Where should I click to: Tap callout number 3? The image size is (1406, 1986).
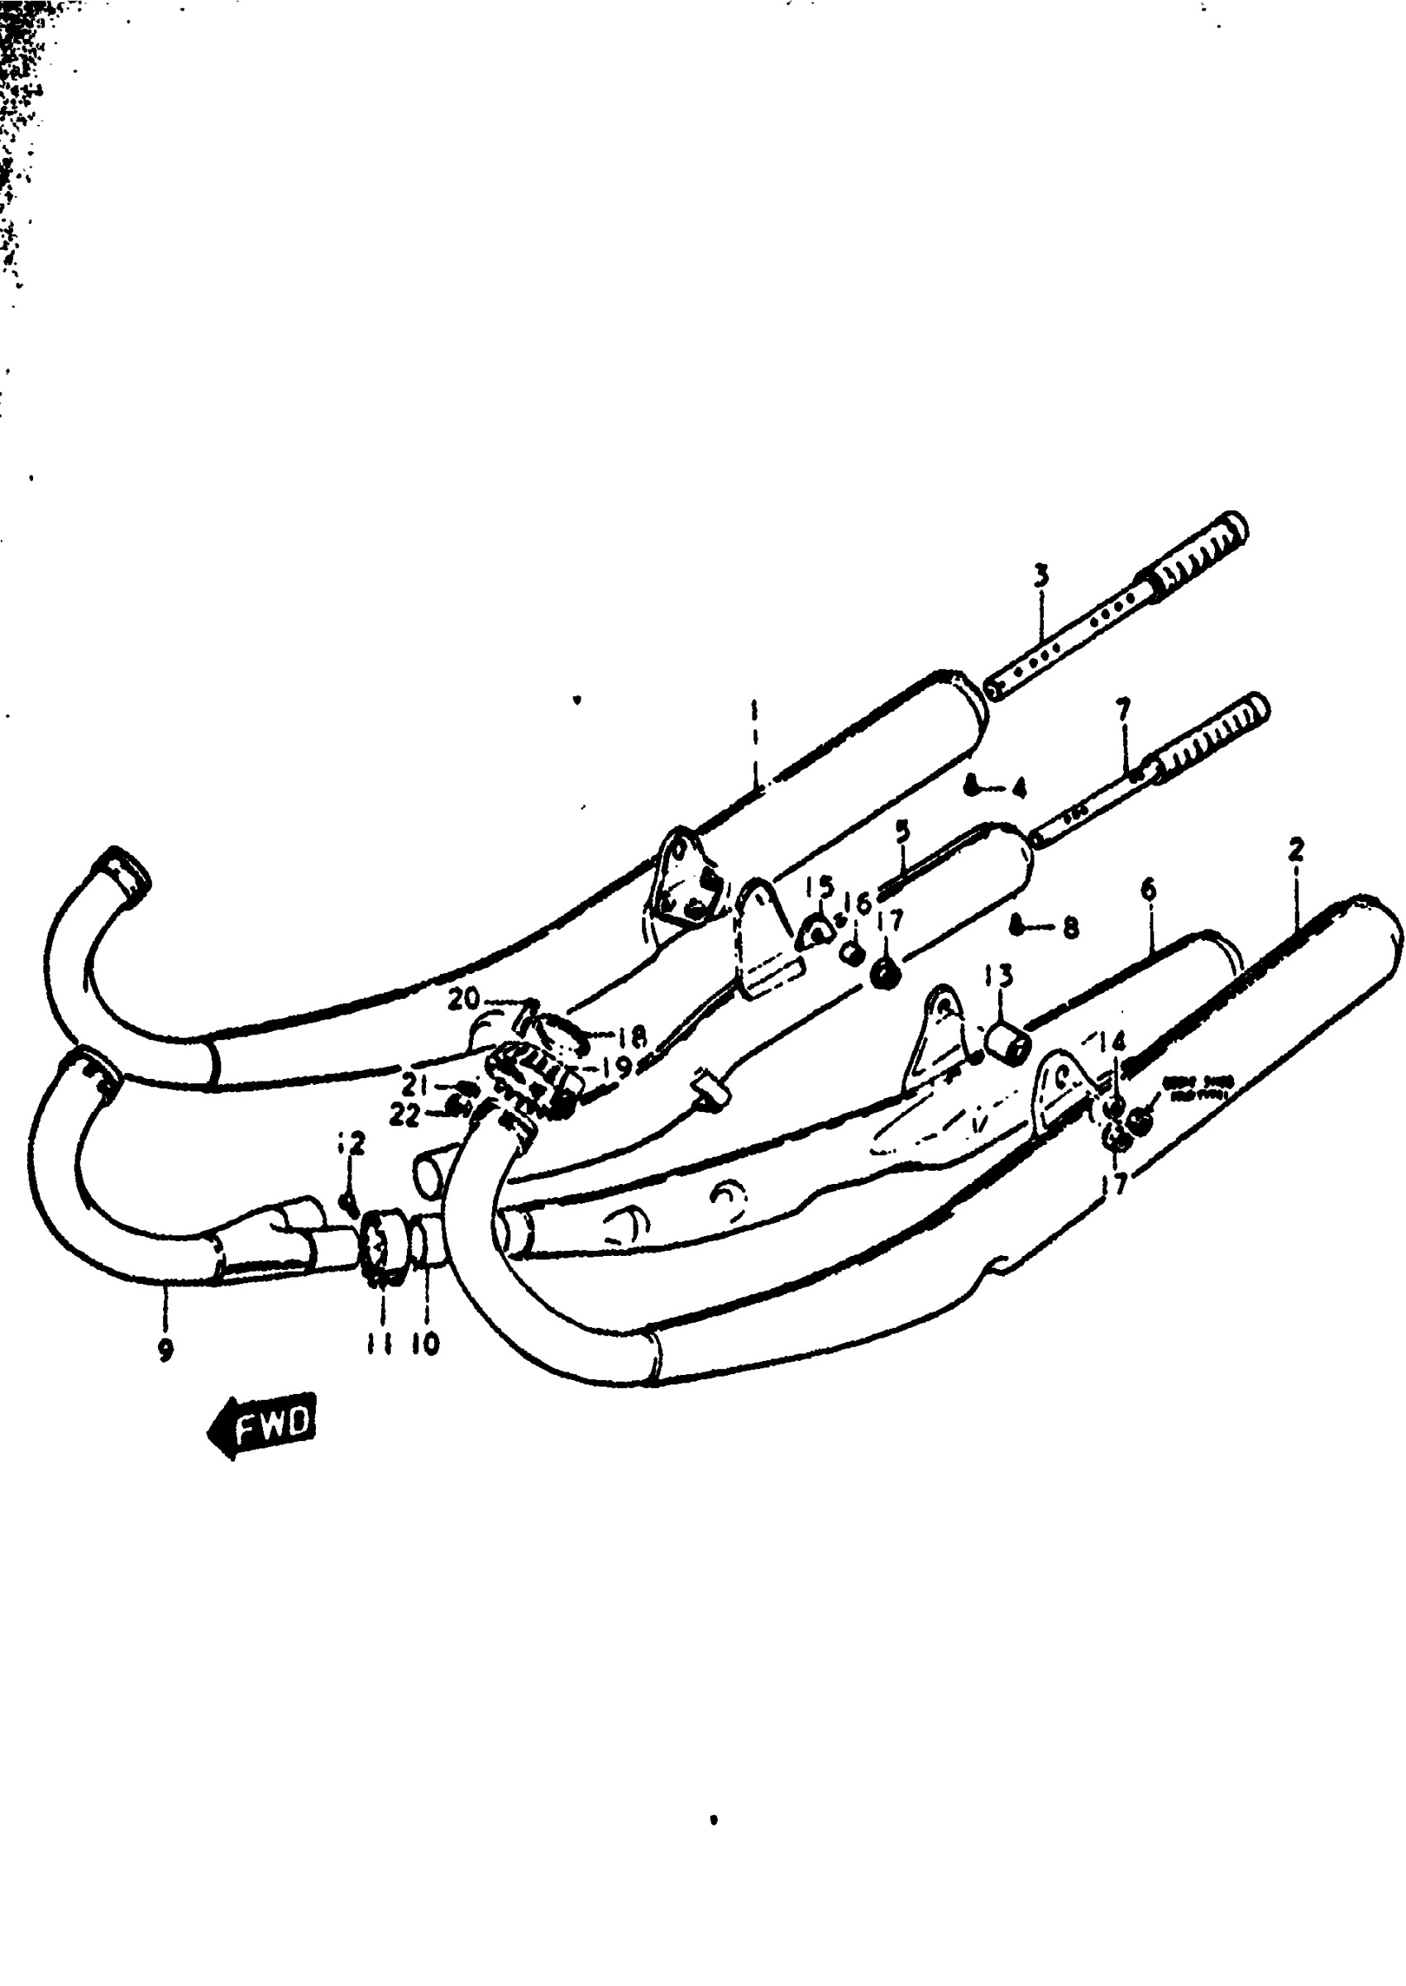[x=1040, y=575]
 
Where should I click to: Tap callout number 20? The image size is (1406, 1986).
[x=464, y=1000]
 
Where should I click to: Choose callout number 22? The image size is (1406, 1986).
[x=404, y=1115]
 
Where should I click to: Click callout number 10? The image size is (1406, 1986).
[x=426, y=1343]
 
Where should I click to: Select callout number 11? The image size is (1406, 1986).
[x=378, y=1343]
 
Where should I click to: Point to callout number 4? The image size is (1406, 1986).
[x=1019, y=788]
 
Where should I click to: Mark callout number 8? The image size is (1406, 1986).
[x=1071, y=929]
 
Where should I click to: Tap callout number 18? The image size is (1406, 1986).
[x=633, y=1038]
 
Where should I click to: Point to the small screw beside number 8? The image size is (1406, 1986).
[x=1018, y=928]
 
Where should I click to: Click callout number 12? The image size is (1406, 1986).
[x=352, y=1144]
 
